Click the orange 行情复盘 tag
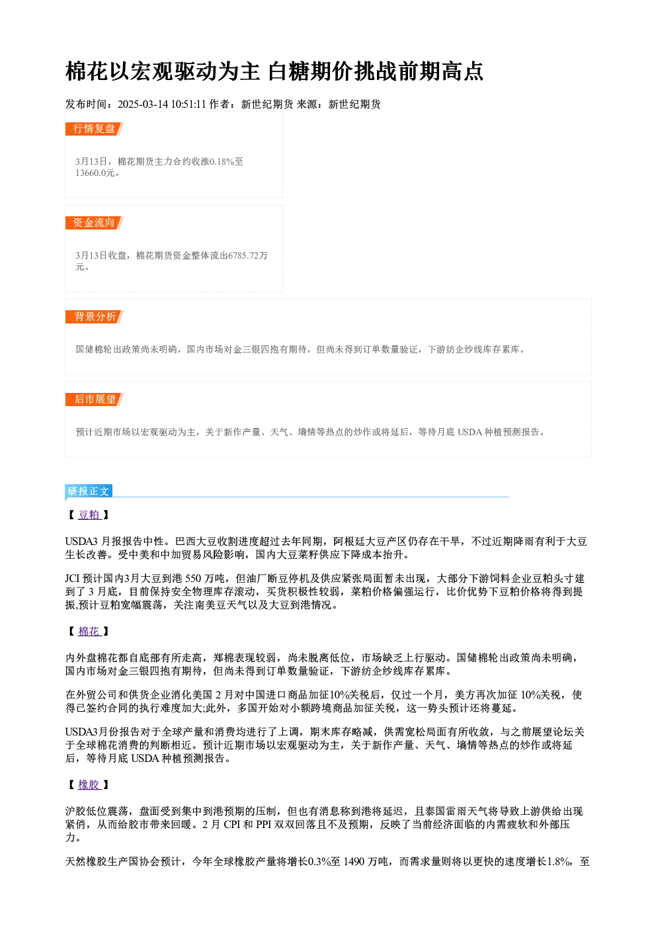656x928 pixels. [94, 129]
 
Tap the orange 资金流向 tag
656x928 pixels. [94, 223]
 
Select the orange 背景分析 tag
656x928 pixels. [94, 317]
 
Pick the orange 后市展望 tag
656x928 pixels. [94, 400]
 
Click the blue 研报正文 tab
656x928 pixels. [89, 491]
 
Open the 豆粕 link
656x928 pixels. [89, 515]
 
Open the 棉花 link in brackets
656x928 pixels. [89, 632]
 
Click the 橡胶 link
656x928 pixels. [89, 784]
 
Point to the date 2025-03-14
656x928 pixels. [143, 105]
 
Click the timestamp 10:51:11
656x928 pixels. [188, 105]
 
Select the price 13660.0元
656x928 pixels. [95, 173]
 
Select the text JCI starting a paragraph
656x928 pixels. [72, 579]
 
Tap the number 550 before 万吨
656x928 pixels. [193, 579]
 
